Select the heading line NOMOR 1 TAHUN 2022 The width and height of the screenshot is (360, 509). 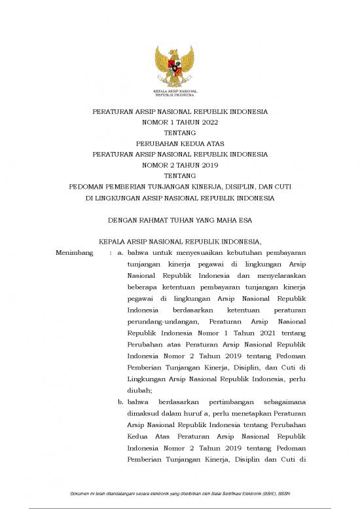click(180, 123)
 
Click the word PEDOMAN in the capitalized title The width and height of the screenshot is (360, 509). click(86, 187)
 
